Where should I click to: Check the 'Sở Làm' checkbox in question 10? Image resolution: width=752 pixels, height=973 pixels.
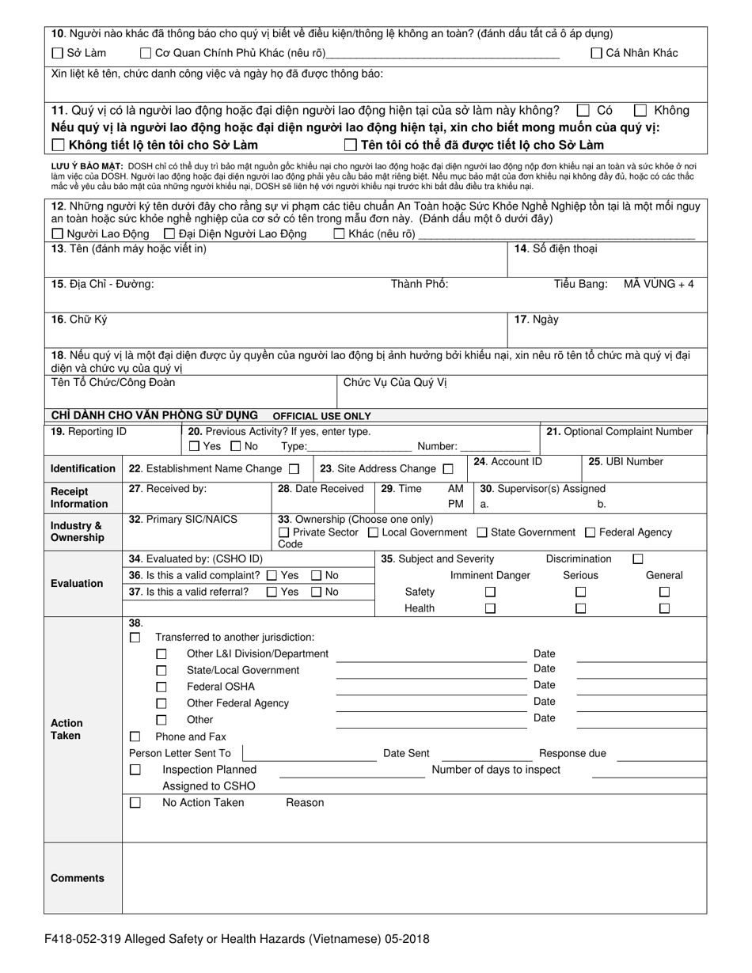57,54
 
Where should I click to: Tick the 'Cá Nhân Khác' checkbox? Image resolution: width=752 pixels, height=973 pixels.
597,54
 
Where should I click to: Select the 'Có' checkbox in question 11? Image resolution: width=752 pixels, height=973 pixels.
583,111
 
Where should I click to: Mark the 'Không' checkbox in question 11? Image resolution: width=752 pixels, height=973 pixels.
640,111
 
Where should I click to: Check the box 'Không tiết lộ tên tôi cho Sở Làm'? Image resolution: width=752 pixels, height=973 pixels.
58,145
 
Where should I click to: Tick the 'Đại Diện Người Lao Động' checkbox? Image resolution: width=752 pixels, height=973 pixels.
169,234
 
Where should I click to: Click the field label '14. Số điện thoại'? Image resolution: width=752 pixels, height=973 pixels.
556,249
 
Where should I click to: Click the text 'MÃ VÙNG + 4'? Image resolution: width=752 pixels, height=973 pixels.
659,284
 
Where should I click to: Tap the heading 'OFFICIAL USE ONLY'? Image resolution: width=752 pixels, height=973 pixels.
321,416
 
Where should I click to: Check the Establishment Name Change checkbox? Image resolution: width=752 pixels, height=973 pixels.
294,468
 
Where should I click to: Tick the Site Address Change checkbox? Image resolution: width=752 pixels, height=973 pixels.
448,468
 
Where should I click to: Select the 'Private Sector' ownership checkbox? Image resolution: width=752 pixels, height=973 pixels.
284,532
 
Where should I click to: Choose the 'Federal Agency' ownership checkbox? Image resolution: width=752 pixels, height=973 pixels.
590,532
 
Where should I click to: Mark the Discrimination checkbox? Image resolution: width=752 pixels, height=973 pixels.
638,559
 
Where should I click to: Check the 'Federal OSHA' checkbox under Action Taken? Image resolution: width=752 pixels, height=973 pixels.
161,687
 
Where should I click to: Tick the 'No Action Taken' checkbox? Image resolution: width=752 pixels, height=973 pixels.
135,802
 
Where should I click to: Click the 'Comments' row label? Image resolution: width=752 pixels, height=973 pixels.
78,878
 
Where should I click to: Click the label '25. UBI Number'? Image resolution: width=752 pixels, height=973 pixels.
625,462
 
